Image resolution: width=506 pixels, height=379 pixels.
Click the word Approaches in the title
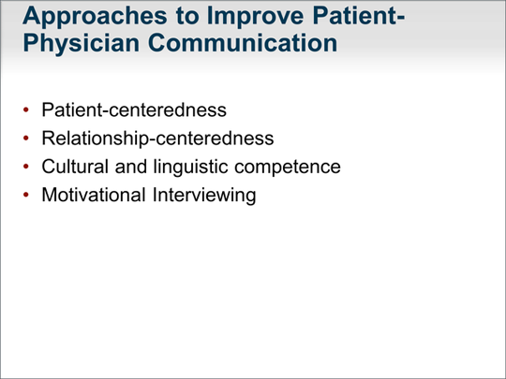point(96,17)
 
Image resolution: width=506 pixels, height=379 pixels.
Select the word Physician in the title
point(81,44)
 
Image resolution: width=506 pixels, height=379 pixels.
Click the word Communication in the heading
point(243,43)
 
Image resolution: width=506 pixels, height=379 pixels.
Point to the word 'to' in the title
point(186,16)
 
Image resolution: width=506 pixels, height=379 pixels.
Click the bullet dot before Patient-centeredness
point(26,109)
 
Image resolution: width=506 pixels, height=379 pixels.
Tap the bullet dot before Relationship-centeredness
point(26,138)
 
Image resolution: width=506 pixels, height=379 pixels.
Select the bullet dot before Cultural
point(26,167)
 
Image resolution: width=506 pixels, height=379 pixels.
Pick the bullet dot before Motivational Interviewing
point(26,195)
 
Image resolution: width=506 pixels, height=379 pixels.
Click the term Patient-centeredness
point(134,109)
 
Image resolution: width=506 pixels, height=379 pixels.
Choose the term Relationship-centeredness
point(157,138)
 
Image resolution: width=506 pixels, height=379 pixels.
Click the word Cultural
point(75,167)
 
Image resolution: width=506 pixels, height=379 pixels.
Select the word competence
point(288,168)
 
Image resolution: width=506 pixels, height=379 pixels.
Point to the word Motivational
point(94,195)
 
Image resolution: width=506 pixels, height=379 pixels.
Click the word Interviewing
point(204,196)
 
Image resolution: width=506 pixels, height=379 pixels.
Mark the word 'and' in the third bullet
point(130,167)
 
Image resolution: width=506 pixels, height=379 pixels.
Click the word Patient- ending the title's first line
point(359,16)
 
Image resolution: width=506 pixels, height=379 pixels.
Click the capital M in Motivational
point(50,195)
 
